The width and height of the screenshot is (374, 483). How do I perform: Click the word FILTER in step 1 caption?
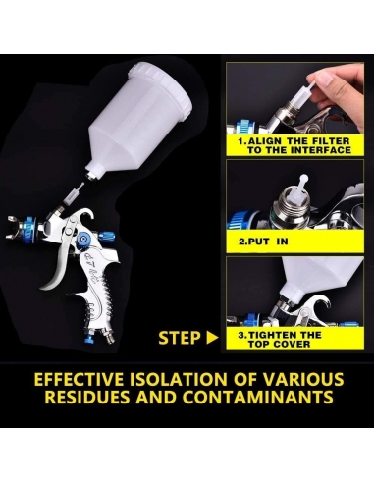point(324,140)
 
